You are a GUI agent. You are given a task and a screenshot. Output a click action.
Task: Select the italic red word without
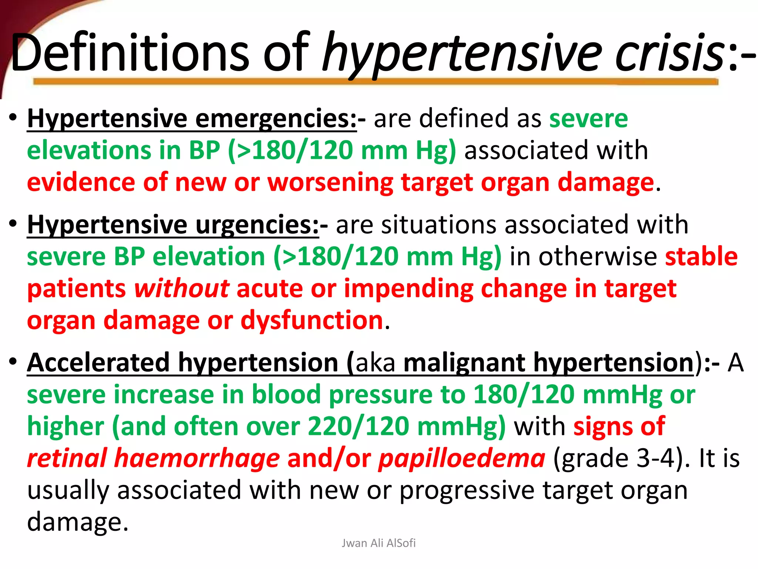click(x=181, y=289)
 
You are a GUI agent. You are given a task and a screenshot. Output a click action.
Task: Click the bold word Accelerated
click(x=98, y=363)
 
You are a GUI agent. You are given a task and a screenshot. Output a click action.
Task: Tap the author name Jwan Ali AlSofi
click(x=379, y=543)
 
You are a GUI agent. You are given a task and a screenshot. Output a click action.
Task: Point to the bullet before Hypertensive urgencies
click(x=13, y=224)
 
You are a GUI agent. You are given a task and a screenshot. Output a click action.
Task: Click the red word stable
click(x=701, y=257)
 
